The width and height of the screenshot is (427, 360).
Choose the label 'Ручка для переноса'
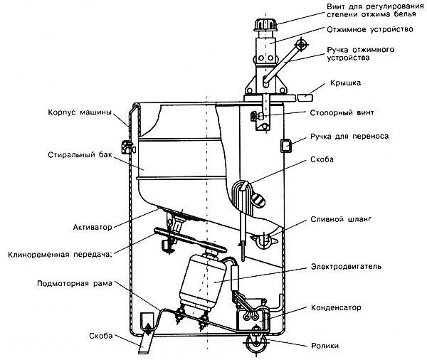tap(348, 136)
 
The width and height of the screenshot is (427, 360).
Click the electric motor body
tap(203, 280)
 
